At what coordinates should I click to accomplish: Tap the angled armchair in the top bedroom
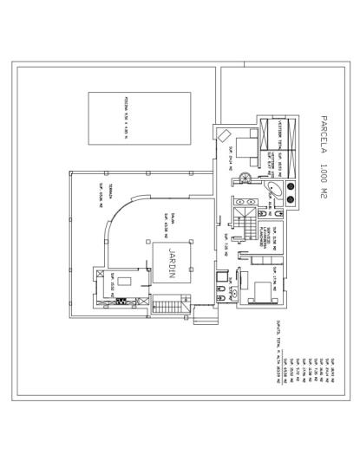click(225, 136)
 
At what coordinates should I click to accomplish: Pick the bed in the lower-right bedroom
click(259, 289)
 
